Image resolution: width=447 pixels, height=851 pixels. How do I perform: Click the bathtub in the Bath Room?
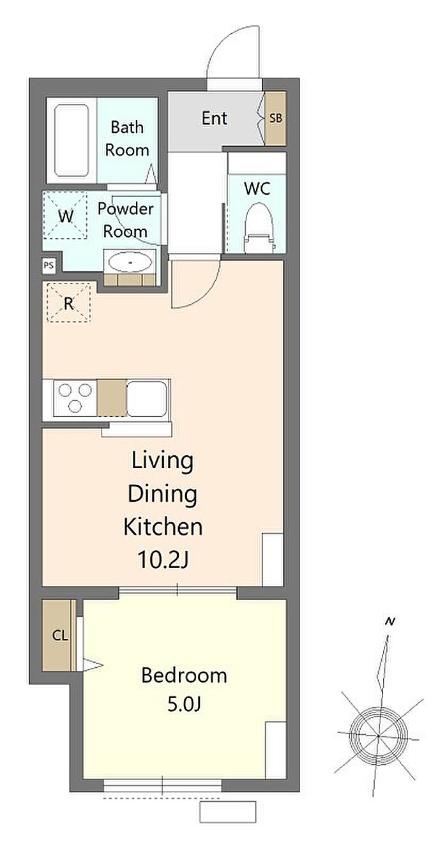pyautogui.click(x=72, y=140)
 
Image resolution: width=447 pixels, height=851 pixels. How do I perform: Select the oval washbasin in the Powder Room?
pyautogui.click(x=130, y=262)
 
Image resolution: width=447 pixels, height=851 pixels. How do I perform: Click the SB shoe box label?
pyautogui.click(x=276, y=118)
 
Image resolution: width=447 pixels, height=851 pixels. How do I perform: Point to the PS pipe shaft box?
pyautogui.click(x=49, y=266)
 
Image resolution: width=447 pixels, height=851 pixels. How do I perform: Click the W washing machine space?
pyautogui.click(x=66, y=216)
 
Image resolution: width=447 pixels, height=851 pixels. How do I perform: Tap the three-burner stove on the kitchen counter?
pyautogui.click(x=75, y=397)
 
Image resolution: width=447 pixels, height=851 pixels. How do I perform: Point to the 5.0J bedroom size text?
pyautogui.click(x=184, y=705)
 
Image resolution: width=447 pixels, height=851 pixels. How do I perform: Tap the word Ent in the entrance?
pyautogui.click(x=215, y=119)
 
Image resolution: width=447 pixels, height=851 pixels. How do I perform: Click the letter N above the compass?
pyautogui.click(x=390, y=622)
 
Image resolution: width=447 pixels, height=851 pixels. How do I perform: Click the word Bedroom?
pyautogui.click(x=185, y=676)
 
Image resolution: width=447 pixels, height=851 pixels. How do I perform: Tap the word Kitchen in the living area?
pyautogui.click(x=163, y=527)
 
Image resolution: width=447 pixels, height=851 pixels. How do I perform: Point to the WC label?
pyautogui.click(x=257, y=188)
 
